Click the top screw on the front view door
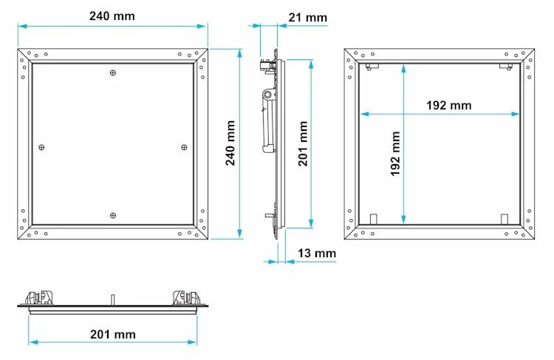(x=113, y=73)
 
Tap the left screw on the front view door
(x=41, y=147)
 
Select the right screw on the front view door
(x=184, y=147)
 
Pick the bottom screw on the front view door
(x=113, y=215)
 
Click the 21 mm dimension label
(x=308, y=18)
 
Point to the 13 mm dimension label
(x=317, y=254)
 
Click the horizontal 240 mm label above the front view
(x=112, y=16)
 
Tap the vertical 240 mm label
(x=230, y=143)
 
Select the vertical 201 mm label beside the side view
(x=303, y=143)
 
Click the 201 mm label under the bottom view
(x=113, y=334)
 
